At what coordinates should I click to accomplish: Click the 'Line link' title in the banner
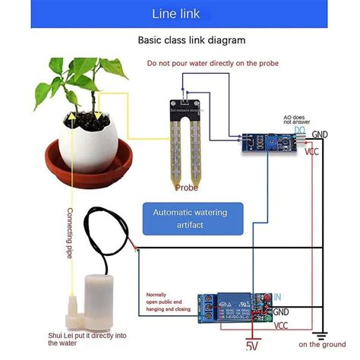pyautogui.click(x=180, y=14)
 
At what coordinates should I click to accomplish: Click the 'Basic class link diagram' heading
pyautogui.click(x=181, y=39)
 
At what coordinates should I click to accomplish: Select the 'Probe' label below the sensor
pyautogui.click(x=187, y=187)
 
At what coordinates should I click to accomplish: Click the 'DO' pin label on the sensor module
pyautogui.click(x=301, y=131)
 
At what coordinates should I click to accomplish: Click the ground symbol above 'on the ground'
pyautogui.click(x=321, y=333)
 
